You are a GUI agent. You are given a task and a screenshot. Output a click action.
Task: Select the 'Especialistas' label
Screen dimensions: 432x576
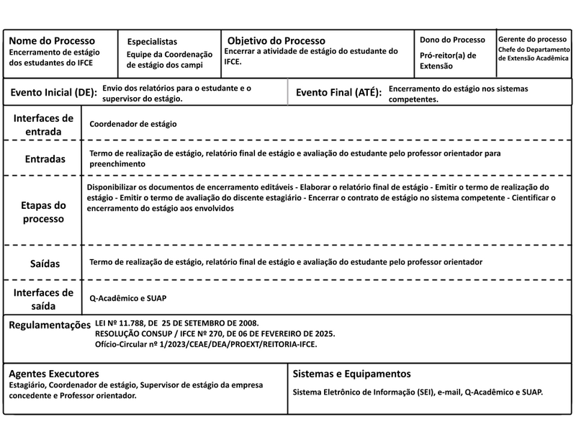152,42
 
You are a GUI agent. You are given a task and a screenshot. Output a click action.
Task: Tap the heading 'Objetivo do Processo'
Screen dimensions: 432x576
276,41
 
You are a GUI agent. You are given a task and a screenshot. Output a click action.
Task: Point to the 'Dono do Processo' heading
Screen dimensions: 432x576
453,40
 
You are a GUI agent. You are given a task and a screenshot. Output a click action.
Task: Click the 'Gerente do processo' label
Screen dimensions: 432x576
532,39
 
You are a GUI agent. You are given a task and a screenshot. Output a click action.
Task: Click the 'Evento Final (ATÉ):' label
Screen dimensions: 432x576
338,93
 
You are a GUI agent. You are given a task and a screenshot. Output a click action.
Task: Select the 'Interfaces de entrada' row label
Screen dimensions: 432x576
43,124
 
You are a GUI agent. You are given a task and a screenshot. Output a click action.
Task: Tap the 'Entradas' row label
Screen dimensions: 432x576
44,158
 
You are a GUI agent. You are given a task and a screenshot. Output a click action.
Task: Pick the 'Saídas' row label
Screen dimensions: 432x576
45,264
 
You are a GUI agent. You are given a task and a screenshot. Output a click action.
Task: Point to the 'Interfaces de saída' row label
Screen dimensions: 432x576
43,298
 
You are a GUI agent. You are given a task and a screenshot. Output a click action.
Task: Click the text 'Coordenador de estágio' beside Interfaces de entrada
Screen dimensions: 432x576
133,124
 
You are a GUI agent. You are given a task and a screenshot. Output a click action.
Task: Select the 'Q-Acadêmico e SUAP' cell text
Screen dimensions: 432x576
128,297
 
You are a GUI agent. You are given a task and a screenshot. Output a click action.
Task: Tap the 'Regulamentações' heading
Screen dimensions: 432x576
50,325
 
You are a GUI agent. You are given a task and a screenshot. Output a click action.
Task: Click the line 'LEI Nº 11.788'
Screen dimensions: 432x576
177,323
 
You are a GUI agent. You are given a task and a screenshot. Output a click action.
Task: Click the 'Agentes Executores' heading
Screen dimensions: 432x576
54,374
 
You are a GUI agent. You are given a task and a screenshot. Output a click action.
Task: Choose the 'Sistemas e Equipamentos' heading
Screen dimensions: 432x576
352,374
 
